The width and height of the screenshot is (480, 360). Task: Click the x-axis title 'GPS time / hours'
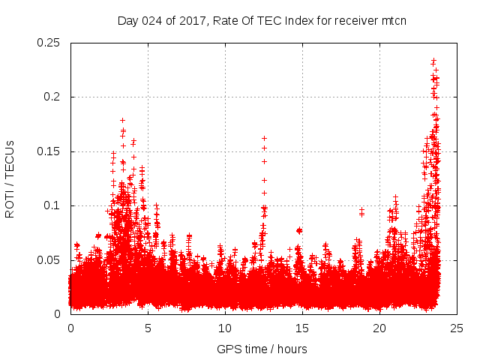coord(262,349)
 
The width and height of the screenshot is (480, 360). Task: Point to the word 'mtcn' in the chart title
coord(392,20)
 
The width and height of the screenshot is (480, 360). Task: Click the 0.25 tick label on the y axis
coord(49,43)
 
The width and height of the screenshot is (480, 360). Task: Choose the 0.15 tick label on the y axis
coord(49,151)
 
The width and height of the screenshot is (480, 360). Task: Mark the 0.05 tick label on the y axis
coord(49,259)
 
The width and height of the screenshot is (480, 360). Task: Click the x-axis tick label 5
coord(148,328)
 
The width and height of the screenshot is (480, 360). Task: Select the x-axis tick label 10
coord(225,328)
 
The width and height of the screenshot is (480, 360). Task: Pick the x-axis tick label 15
coord(302,328)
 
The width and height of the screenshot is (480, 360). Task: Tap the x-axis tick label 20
coord(379,328)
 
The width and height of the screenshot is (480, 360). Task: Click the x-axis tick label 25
coord(457,328)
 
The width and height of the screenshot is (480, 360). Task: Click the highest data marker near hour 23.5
coord(433,61)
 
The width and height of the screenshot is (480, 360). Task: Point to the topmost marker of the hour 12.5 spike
coord(264,138)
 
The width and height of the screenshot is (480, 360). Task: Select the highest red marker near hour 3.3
coord(122,120)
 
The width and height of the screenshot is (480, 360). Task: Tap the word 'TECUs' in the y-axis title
coord(10,157)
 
